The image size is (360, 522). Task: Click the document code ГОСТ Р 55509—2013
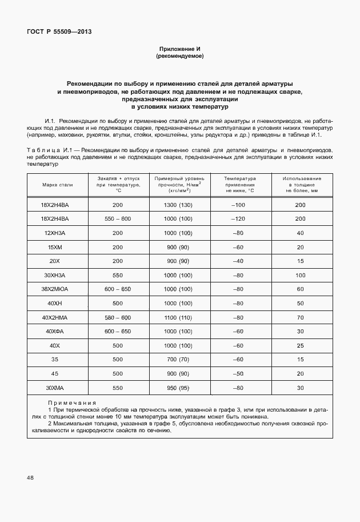tap(59, 32)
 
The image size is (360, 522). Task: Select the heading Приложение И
tap(179, 50)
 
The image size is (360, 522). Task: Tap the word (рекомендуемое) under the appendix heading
tap(179, 57)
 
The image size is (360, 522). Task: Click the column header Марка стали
tap(58, 185)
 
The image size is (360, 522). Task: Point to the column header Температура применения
tap(239, 185)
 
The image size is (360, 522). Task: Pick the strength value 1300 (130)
tap(177, 205)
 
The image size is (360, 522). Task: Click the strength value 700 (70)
tap(177, 360)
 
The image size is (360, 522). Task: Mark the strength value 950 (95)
tap(177, 388)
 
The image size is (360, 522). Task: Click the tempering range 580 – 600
tap(118, 317)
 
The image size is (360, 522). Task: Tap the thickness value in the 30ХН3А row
tap(300, 275)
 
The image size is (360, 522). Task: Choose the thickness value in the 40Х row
tap(300, 345)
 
